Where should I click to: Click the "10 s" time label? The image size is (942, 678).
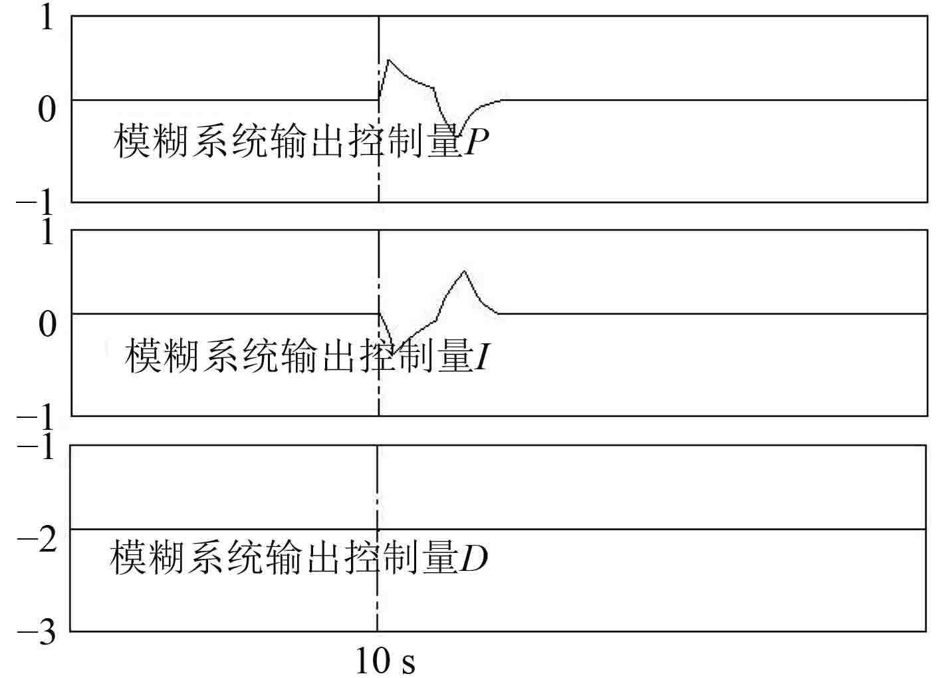[x=386, y=661]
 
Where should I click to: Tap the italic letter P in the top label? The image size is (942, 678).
[x=477, y=142]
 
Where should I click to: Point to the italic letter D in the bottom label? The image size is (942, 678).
[x=474, y=558]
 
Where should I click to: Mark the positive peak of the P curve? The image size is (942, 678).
[x=388, y=61]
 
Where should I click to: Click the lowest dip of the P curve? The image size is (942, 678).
[x=458, y=135]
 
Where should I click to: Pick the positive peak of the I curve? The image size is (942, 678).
[x=464, y=271]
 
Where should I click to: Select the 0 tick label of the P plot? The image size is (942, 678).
[x=47, y=108]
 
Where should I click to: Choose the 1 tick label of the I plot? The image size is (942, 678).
[x=47, y=232]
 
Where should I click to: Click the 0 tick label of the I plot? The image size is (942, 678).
[x=47, y=324]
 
